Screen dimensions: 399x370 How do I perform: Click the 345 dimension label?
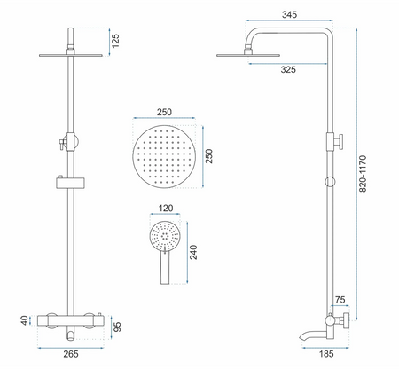pyautogui.click(x=289, y=14)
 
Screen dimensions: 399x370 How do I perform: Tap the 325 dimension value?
pyautogui.click(x=288, y=69)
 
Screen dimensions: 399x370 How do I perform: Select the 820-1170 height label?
pyautogui.click(x=363, y=174)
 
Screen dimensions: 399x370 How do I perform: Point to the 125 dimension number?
pyautogui.click(x=115, y=41)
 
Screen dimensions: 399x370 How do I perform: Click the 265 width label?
pyautogui.click(x=71, y=354)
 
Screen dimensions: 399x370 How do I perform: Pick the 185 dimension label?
pyautogui.click(x=326, y=354)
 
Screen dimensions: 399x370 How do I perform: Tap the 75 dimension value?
pyautogui.click(x=340, y=300)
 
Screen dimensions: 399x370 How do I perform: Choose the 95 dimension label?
pyautogui.click(x=117, y=327)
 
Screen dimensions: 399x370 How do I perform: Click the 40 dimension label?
pyautogui.click(x=25, y=320)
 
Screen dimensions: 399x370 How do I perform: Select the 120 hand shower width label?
pyautogui.click(x=166, y=209)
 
